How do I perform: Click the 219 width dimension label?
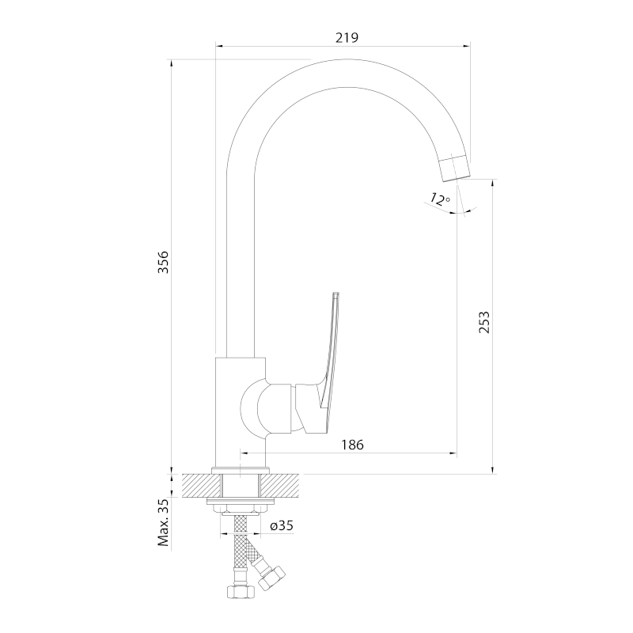pyautogui.click(x=347, y=37)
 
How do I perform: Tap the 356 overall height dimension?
pyautogui.click(x=163, y=262)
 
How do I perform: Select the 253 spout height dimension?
pyautogui.click(x=483, y=322)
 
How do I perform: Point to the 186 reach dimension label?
pyautogui.click(x=352, y=445)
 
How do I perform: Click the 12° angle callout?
pyautogui.click(x=440, y=199)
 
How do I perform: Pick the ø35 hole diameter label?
pyautogui.click(x=282, y=525)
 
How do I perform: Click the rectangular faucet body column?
pyautogui.click(x=241, y=411)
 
